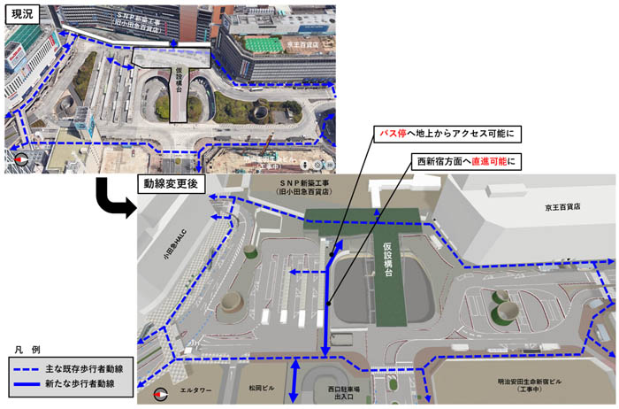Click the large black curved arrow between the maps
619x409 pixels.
[112, 197]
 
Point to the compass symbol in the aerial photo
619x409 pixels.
[18, 159]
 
